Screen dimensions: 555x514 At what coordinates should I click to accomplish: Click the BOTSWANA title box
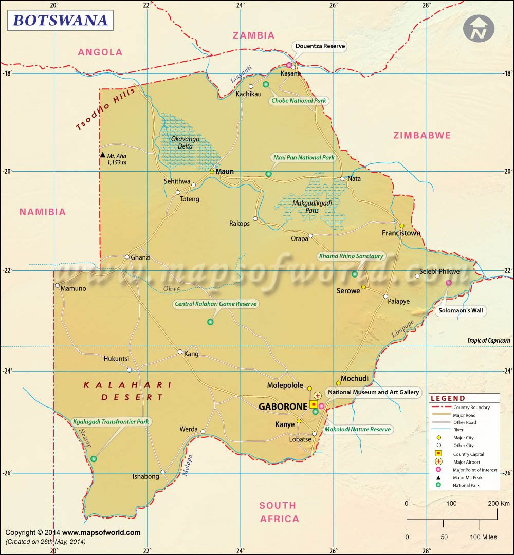pyautogui.click(x=60, y=20)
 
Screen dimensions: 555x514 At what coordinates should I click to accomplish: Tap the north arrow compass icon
pyautogui.click(x=478, y=29)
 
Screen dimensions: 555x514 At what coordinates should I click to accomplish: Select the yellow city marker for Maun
pyautogui.click(x=212, y=172)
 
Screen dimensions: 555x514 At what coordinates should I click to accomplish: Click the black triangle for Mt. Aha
pyautogui.click(x=103, y=155)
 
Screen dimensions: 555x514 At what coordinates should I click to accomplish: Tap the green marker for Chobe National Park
pyautogui.click(x=266, y=84)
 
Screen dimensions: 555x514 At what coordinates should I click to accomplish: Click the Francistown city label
pyautogui.click(x=401, y=233)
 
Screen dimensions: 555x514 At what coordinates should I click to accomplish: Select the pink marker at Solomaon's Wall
pyautogui.click(x=448, y=283)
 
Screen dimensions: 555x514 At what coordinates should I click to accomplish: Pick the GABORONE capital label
pyautogui.click(x=283, y=406)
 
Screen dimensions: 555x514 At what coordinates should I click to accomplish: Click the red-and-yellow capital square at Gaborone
pyautogui.click(x=314, y=404)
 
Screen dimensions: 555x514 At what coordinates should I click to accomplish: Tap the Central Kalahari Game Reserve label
pyautogui.click(x=215, y=304)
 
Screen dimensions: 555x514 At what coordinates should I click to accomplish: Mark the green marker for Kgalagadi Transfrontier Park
pyautogui.click(x=94, y=459)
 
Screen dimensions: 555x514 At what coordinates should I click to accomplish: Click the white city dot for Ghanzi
pyautogui.click(x=127, y=257)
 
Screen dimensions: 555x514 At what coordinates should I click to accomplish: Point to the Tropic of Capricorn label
pyautogui.click(x=488, y=341)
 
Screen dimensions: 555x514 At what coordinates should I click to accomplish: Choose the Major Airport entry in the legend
pyautogui.click(x=467, y=462)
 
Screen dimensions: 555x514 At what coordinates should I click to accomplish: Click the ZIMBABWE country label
pyautogui.click(x=422, y=136)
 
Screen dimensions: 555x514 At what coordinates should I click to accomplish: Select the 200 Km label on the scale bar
pyautogui.click(x=499, y=503)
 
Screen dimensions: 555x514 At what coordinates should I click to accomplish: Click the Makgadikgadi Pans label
pyautogui.click(x=312, y=206)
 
